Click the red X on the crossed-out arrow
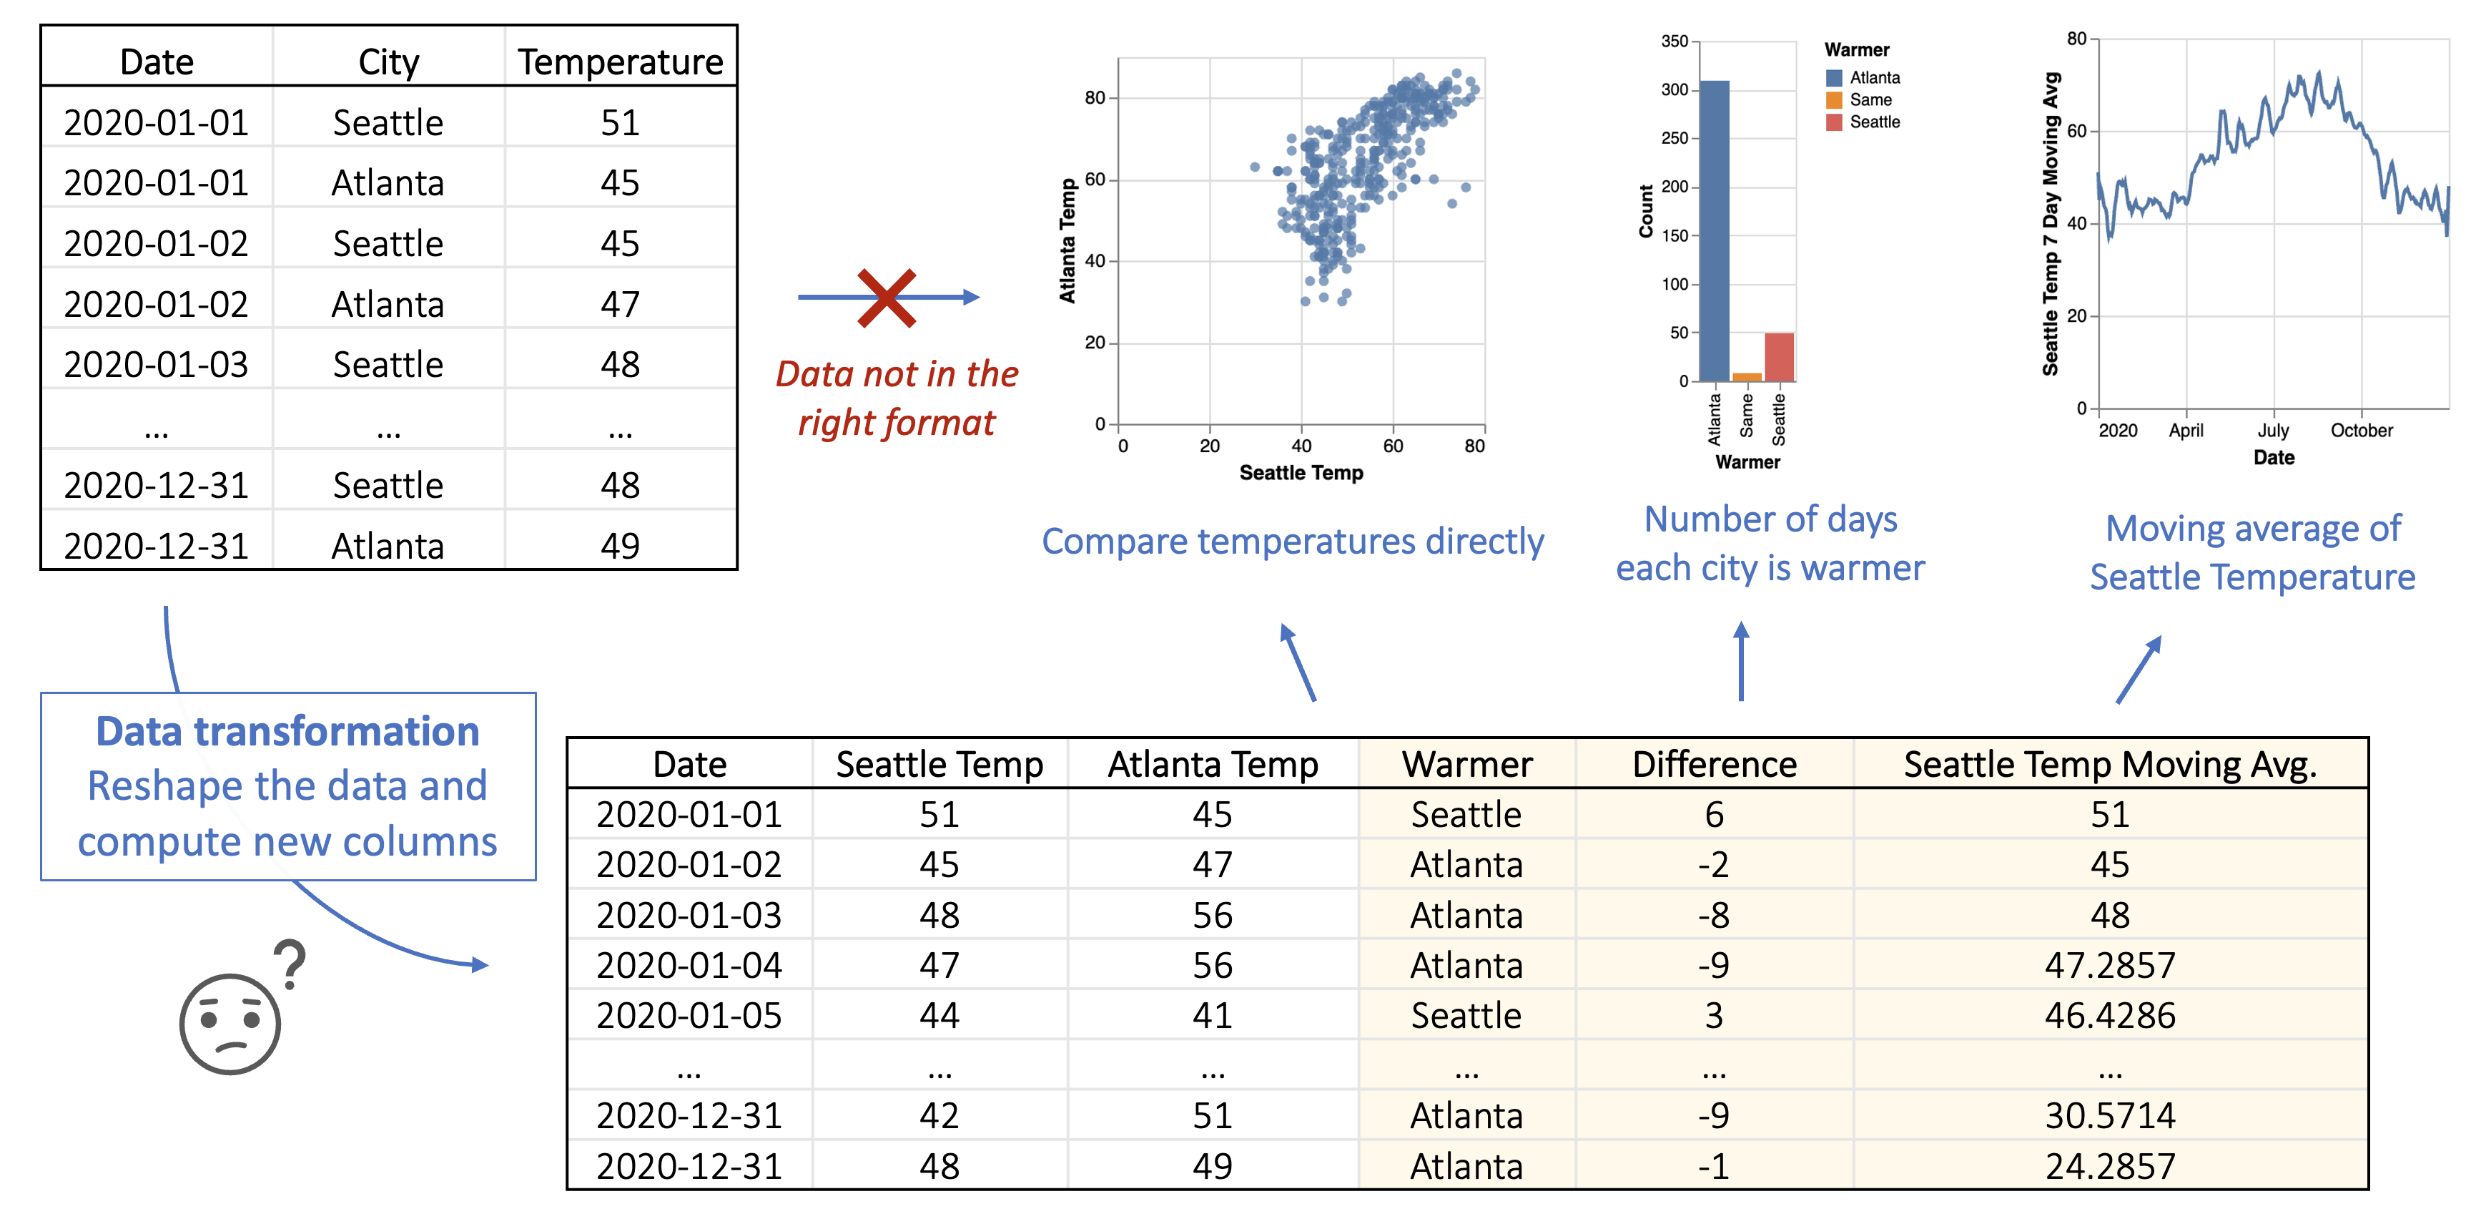point(887,298)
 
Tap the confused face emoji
point(230,1024)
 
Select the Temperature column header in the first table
point(620,62)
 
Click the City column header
point(388,62)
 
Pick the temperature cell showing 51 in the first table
point(620,123)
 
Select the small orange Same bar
point(1747,377)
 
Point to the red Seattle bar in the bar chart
point(1780,357)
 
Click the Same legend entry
point(1870,99)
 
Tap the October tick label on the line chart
point(2361,431)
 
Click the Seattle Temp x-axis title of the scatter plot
point(1301,472)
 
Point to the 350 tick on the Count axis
point(1674,41)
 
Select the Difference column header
point(1714,765)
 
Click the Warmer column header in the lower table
point(1466,765)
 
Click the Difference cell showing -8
point(1714,916)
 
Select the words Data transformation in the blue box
point(287,732)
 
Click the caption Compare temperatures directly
point(1292,542)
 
